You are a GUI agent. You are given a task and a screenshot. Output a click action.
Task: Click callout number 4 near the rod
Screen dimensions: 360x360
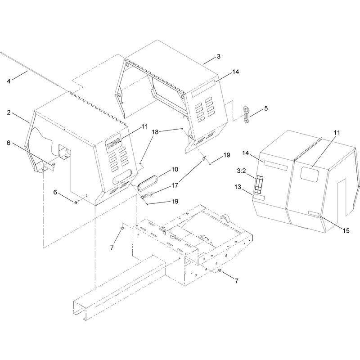pyautogui.click(x=9, y=81)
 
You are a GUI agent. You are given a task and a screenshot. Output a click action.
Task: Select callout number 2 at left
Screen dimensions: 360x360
pyautogui.click(x=9, y=112)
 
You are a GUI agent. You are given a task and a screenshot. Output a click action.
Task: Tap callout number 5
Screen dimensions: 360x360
pyautogui.click(x=266, y=108)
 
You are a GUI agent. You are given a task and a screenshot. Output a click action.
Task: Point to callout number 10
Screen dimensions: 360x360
pyautogui.click(x=175, y=170)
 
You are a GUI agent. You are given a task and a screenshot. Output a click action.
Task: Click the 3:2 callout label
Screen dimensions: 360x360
pyautogui.click(x=241, y=171)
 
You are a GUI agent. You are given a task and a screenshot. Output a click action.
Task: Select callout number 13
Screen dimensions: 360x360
pyautogui.click(x=238, y=187)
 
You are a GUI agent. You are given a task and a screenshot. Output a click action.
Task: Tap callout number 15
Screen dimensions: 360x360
pyautogui.click(x=346, y=230)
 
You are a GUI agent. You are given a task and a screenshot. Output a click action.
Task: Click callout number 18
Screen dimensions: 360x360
pyautogui.click(x=155, y=132)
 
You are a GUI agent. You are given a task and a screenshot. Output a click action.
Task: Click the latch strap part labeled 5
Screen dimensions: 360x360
pyautogui.click(x=246, y=115)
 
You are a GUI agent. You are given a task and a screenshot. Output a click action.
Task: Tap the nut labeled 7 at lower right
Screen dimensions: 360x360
pyautogui.click(x=220, y=270)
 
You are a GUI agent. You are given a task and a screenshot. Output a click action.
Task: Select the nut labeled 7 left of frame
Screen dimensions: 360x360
pyautogui.click(x=122, y=228)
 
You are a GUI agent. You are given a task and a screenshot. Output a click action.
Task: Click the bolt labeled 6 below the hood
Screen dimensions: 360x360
pyautogui.click(x=76, y=202)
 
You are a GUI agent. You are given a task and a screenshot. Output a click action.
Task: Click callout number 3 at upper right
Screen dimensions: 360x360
pyautogui.click(x=218, y=56)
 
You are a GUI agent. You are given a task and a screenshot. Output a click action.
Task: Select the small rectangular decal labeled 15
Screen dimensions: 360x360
pyautogui.click(x=314, y=214)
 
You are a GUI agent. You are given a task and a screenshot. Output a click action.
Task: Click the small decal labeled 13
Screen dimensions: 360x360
pyautogui.click(x=259, y=198)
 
